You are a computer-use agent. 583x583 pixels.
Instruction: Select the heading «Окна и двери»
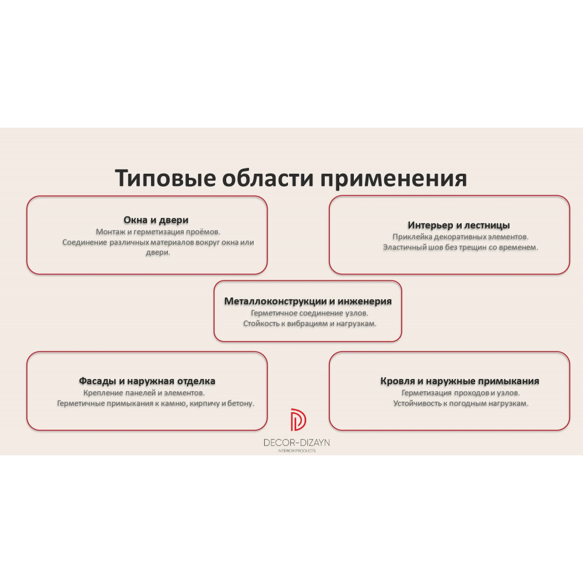coord(156,220)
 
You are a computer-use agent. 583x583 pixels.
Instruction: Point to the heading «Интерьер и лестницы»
coord(458,225)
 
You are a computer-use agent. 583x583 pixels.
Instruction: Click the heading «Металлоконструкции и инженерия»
coord(308,301)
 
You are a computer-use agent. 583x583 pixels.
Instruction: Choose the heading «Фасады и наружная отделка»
coord(147,381)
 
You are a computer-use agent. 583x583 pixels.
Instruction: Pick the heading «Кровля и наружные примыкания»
coord(459,381)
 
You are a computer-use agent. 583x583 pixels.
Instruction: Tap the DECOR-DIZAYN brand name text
coord(296,442)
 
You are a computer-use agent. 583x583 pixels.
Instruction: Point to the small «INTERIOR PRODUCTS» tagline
coord(296,451)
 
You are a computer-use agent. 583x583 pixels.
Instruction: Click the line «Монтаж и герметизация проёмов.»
coord(158,232)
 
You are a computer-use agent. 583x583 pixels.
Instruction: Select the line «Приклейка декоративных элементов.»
coord(461,237)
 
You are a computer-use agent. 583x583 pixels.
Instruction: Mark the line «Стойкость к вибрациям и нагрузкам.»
coord(310,324)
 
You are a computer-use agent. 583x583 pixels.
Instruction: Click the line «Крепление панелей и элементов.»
coord(144,393)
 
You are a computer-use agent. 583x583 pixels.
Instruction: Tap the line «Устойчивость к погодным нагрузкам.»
coord(461,403)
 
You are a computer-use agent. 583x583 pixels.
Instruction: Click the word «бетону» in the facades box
coord(242,403)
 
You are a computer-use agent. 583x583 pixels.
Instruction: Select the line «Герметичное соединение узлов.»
coord(310,313)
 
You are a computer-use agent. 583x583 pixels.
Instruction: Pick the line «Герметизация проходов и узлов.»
coord(461,393)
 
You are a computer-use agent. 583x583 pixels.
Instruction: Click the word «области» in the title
coord(268,178)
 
